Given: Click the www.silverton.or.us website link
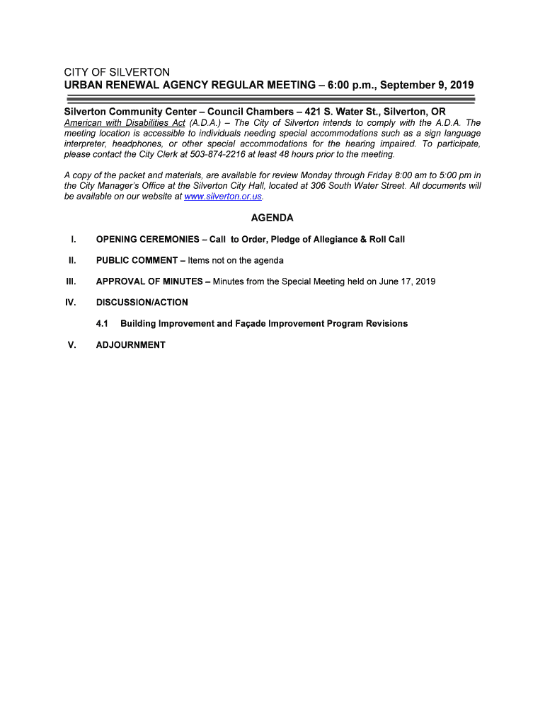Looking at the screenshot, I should click(222, 197).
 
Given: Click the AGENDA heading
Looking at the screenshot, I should click(272, 218).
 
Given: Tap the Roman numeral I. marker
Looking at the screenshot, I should click(74, 239).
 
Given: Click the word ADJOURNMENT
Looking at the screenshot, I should click(130, 345).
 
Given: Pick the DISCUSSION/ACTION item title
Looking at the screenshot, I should click(142, 303).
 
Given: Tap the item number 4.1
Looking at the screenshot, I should click(102, 324).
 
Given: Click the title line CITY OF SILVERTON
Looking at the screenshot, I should click(117, 73).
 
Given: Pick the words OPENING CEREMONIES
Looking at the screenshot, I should click(147, 239).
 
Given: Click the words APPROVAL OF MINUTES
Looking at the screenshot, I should click(149, 281).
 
